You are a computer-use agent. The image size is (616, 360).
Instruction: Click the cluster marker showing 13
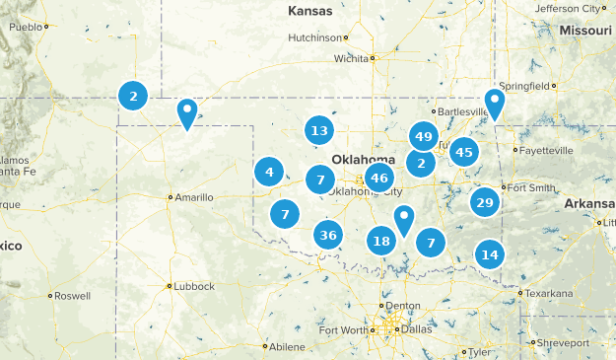tap(318, 130)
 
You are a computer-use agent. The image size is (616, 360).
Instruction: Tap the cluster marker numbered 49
tap(424, 137)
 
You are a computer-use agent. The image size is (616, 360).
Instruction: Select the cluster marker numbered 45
tap(464, 152)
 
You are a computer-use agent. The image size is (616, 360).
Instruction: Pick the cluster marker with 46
tap(378, 179)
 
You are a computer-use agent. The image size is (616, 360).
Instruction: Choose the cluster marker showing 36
tap(329, 235)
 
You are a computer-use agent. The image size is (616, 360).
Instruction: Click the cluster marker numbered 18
tap(381, 241)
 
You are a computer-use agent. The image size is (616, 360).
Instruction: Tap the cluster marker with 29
tap(484, 203)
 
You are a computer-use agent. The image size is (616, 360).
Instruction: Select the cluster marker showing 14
tap(490, 254)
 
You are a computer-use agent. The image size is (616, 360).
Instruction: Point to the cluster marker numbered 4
tap(269, 173)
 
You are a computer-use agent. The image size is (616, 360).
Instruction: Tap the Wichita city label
tap(351, 58)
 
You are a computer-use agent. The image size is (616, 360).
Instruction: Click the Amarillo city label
tap(194, 197)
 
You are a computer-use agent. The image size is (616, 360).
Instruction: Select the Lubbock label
tap(193, 286)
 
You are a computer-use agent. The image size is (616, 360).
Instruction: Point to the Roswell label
tap(72, 295)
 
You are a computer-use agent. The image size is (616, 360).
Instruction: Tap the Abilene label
tap(287, 346)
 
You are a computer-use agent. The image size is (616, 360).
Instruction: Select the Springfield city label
tap(525, 86)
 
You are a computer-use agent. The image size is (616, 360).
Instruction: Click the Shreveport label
tap(563, 342)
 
